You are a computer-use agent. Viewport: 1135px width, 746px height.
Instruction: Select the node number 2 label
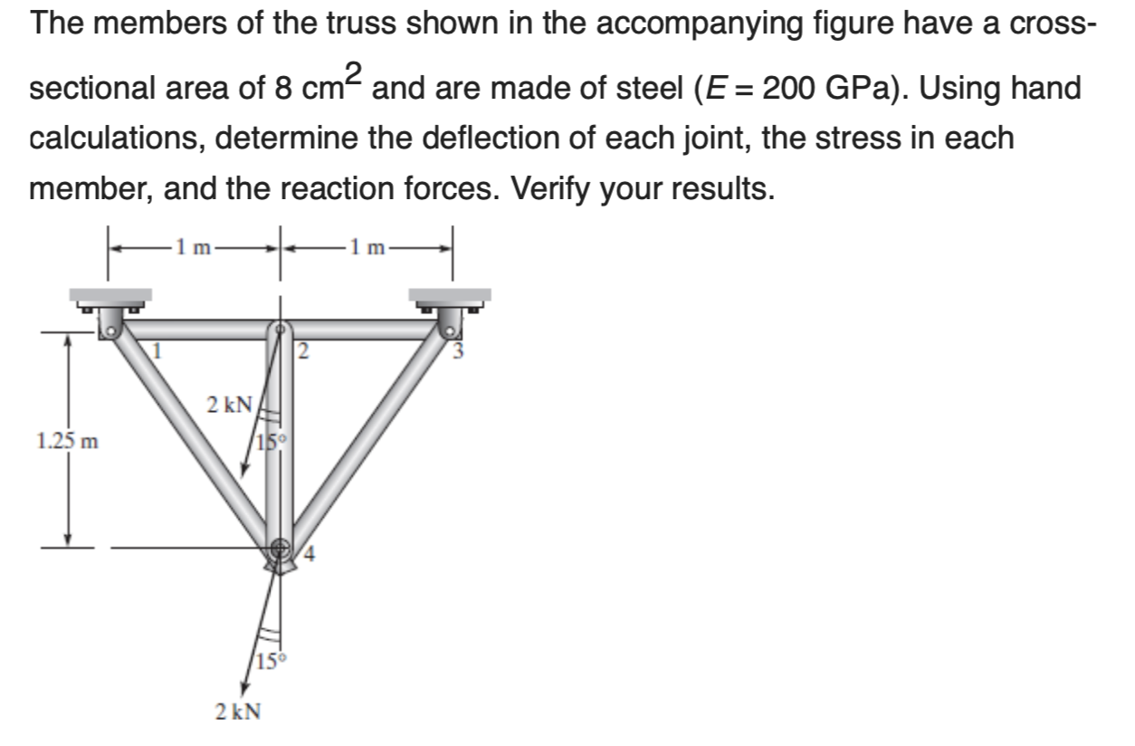305,353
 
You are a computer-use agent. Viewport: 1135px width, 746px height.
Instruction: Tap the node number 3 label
458,352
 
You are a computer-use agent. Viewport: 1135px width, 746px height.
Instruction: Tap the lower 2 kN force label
238,712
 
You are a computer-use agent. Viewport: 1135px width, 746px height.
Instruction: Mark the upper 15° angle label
271,443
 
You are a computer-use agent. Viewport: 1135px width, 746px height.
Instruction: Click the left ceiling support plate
111,295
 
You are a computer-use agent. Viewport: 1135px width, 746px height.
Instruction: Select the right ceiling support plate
450,295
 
